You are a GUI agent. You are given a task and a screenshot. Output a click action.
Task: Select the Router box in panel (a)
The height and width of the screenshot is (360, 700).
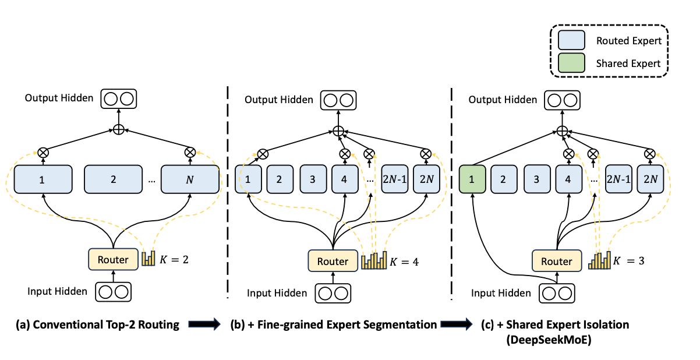pos(113,259)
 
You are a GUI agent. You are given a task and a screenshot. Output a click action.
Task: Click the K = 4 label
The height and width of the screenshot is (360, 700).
pos(404,262)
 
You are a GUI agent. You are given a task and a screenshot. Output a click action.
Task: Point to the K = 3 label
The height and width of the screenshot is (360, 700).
pos(631,262)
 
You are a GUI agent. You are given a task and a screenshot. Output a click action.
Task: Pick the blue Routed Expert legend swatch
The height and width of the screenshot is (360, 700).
pos(571,41)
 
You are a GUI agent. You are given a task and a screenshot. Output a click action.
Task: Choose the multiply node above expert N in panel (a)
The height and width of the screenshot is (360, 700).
pos(190,151)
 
